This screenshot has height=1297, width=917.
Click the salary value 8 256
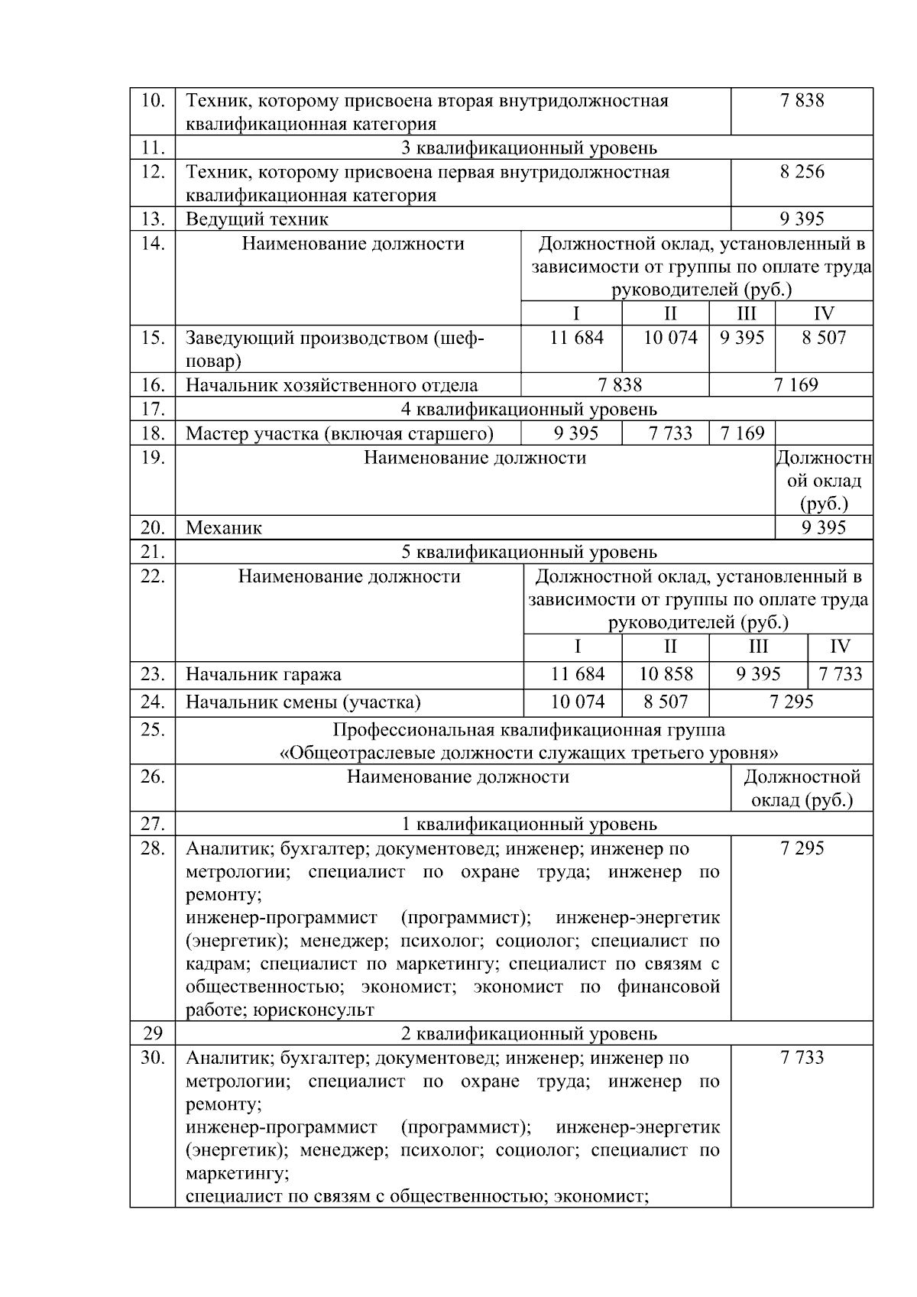point(802,172)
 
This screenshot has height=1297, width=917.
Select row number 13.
point(153,219)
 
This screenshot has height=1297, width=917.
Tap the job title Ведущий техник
point(257,219)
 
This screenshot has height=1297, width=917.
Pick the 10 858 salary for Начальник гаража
point(666,674)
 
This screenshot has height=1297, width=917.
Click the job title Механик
point(224,528)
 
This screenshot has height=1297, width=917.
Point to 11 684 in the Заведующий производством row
point(576,338)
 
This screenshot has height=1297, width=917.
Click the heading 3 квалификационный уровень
point(529,148)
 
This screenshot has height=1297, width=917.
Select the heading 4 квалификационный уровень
point(529,410)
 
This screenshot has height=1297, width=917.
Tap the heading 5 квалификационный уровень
point(529,552)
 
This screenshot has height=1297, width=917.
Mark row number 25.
point(153,730)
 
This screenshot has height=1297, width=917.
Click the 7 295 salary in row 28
point(802,848)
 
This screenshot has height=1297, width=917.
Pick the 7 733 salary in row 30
point(802,1058)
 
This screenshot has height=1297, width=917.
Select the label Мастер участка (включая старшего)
point(339,434)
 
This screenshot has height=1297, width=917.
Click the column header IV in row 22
point(840,647)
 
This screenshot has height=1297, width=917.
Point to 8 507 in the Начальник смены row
point(666,702)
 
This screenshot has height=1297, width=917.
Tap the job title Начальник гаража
point(264,675)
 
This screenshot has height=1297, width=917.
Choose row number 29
point(153,1034)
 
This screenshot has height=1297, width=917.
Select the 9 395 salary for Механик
point(824,528)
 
